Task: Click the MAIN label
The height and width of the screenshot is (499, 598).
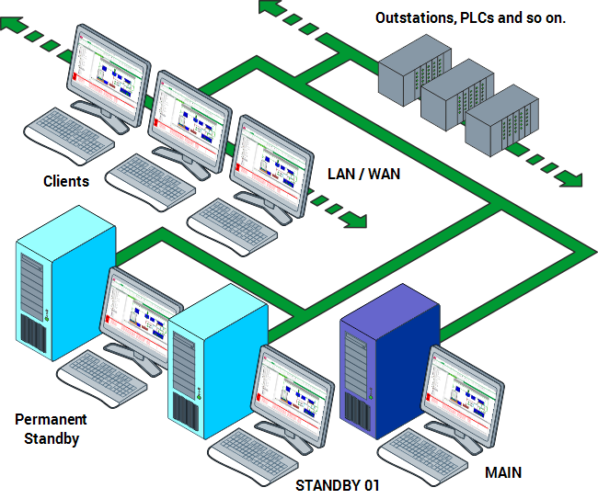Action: click(502, 473)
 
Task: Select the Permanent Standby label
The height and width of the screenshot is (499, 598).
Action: click(52, 429)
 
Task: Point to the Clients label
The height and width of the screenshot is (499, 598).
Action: click(66, 181)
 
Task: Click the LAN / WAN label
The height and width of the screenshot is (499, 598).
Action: click(364, 174)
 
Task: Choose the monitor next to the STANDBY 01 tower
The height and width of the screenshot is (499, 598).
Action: click(293, 391)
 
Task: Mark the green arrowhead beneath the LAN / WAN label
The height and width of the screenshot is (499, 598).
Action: click(356, 221)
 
